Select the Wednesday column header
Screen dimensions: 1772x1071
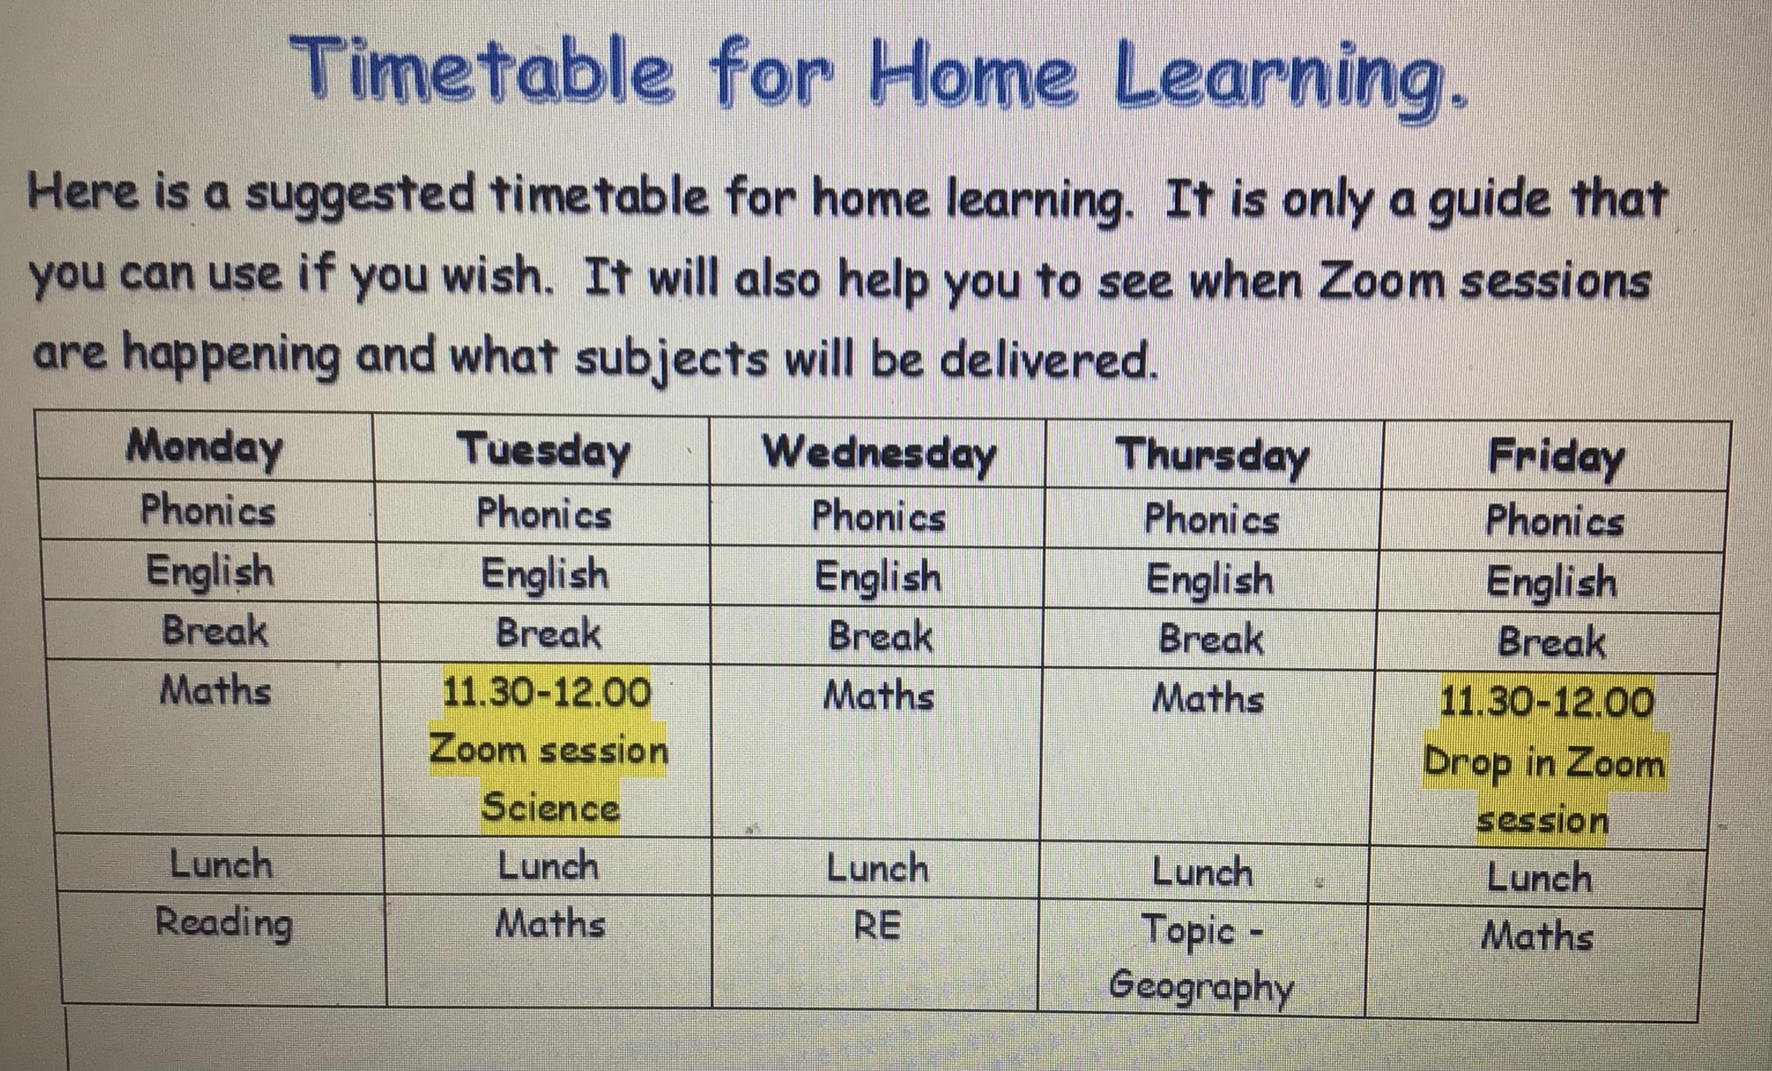point(879,454)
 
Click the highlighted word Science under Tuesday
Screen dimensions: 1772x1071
point(550,808)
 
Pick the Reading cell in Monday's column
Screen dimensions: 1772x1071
point(224,924)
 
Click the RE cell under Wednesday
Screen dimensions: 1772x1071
point(877,926)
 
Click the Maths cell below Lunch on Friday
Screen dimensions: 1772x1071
point(1537,936)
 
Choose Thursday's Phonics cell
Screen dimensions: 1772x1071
point(1212,518)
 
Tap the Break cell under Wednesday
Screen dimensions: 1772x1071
point(880,636)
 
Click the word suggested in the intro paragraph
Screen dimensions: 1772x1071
point(360,195)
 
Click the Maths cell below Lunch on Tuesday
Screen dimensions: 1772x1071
point(550,924)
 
